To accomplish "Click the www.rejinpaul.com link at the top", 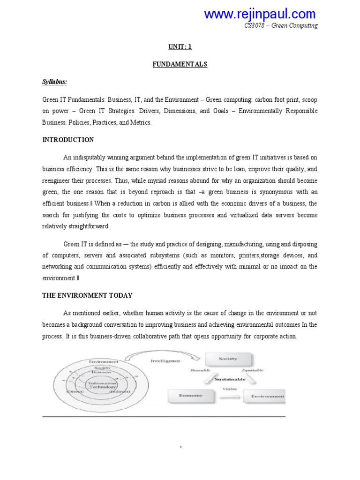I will pyautogui.click(x=260, y=14).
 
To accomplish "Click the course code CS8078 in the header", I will pyautogui.click(x=255, y=26).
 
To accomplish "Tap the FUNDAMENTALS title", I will pyautogui.click(x=180, y=65).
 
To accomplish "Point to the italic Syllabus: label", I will pyautogui.click(x=55, y=82).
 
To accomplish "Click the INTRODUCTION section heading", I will pyautogui.click(x=68, y=140).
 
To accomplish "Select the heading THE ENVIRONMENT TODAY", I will pyautogui.click(x=87, y=296).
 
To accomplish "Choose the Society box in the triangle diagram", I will pyautogui.click(x=228, y=359).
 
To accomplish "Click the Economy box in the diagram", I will pyautogui.click(x=191, y=395).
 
